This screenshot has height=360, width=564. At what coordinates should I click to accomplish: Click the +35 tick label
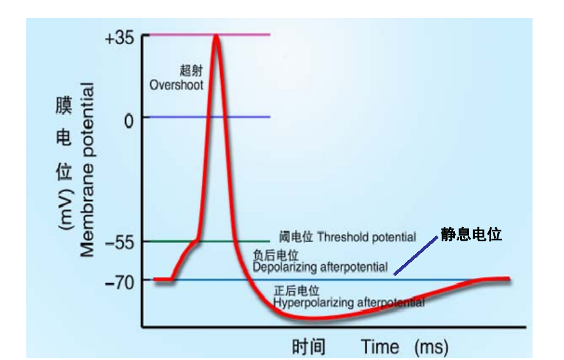click(x=119, y=37)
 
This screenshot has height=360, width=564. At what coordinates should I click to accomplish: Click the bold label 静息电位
click(x=470, y=235)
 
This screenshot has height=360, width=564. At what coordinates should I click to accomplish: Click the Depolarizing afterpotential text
click(x=320, y=266)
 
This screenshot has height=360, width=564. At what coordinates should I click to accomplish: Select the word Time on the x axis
click(x=380, y=348)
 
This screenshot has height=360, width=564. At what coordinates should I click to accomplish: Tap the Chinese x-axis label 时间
click(x=309, y=348)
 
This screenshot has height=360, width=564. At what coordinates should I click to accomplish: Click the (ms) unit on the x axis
click(x=431, y=348)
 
